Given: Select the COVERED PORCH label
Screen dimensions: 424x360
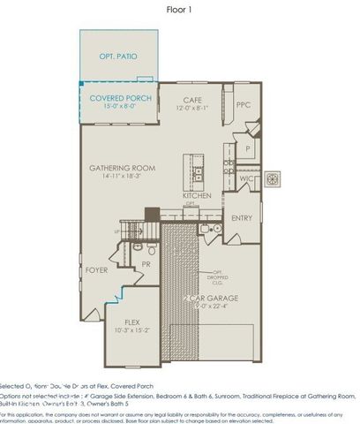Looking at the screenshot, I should pos(121,98).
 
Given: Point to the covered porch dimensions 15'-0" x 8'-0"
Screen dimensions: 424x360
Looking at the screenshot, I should pos(121,107).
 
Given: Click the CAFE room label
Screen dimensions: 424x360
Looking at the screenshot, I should pos(193,100).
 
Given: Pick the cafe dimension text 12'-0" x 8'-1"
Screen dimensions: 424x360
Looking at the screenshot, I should pos(193,109).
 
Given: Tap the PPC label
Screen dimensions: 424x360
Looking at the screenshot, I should pos(244,104).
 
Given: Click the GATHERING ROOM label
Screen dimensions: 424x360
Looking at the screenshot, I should pos(122,167).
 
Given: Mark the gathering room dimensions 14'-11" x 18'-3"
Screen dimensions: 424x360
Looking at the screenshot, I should pos(122,177).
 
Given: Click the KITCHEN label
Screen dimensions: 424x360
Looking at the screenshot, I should pos(196,195).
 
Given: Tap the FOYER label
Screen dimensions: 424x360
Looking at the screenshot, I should pos(96,270).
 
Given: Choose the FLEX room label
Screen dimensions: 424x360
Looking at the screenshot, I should pos(134,322).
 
